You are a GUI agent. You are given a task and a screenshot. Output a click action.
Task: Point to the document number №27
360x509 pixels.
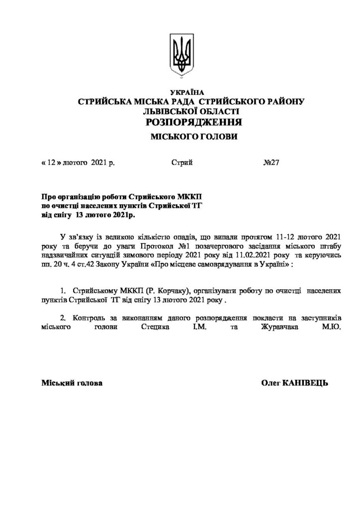coord(271,163)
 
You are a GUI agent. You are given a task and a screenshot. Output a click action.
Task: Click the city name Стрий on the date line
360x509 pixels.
coord(181,163)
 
